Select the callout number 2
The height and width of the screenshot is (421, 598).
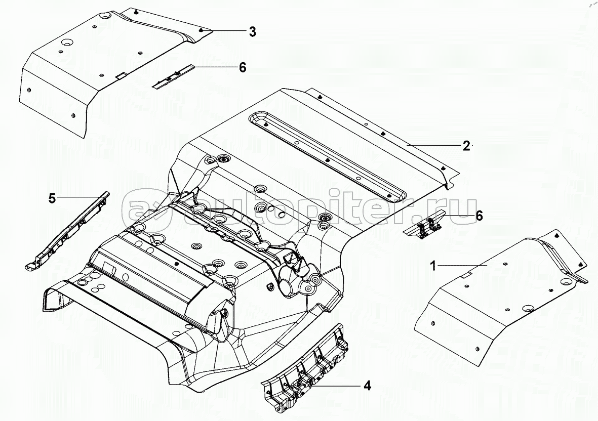coord(466,146)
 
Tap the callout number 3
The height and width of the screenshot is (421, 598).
coord(252,31)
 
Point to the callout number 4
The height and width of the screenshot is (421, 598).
coord(367,386)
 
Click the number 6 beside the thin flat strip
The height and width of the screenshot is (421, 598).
coord(242,67)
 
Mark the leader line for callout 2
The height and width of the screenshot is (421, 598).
coord(435,145)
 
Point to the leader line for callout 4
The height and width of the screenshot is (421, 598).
coord(337,386)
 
